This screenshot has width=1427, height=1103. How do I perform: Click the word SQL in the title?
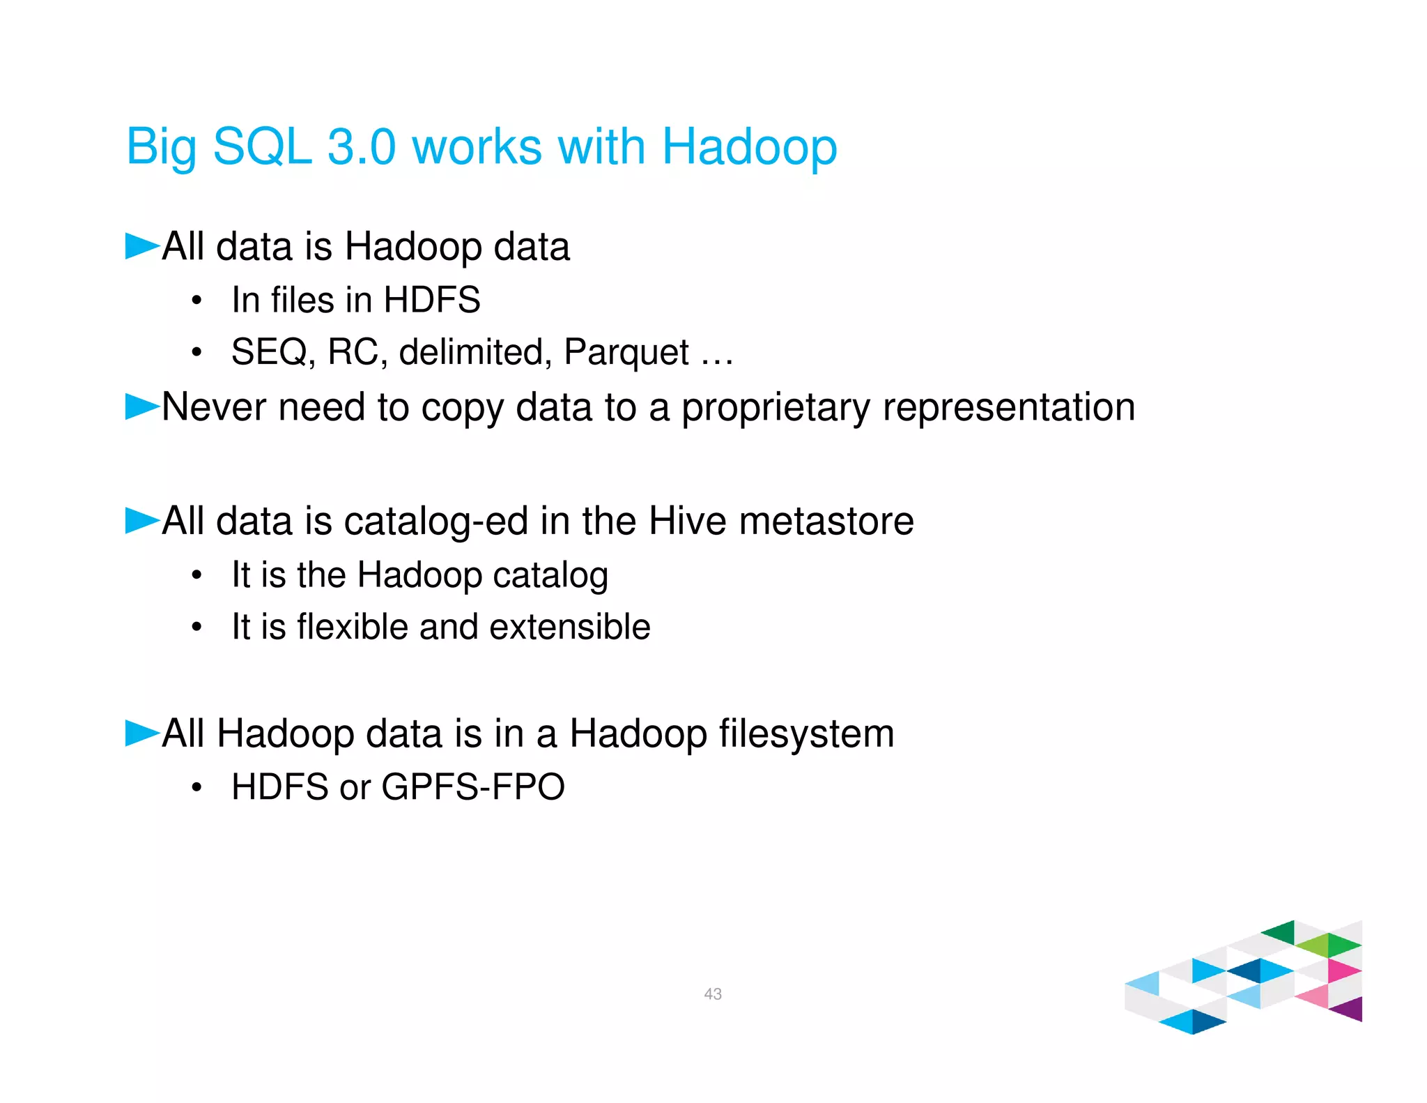(x=262, y=147)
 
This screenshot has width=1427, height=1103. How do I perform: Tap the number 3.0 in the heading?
(x=362, y=147)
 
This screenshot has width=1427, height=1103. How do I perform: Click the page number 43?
(x=713, y=994)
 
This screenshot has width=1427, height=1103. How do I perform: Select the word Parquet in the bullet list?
(x=626, y=352)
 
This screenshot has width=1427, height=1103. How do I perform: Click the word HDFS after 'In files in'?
(x=432, y=300)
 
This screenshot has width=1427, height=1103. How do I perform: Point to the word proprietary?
(x=776, y=407)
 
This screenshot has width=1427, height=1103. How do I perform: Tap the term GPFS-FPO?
(x=473, y=787)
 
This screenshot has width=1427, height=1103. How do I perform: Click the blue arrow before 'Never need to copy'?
(x=142, y=406)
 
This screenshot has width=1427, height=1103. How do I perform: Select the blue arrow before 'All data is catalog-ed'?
(x=142, y=520)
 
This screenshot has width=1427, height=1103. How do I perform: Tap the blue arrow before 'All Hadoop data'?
(x=142, y=733)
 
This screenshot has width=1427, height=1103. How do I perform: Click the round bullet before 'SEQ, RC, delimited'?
(x=197, y=352)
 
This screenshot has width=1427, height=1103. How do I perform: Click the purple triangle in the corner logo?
(x=1349, y=1009)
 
